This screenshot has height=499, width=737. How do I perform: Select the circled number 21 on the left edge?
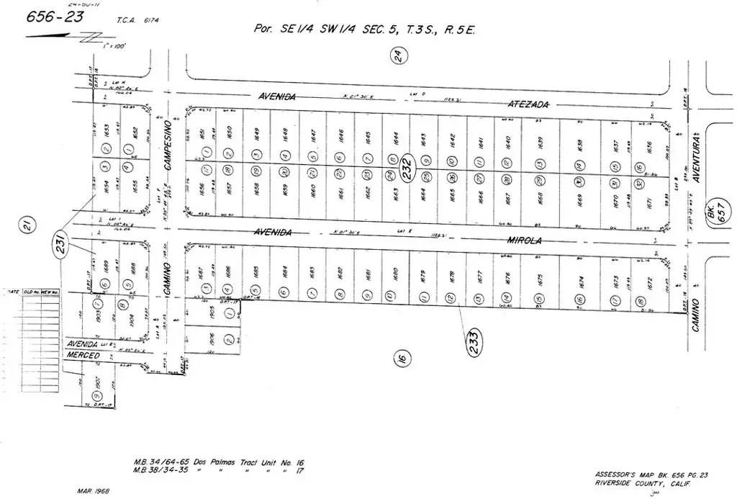[27, 227]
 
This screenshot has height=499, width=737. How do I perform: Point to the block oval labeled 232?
[407, 168]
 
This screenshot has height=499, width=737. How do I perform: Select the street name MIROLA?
[528, 238]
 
